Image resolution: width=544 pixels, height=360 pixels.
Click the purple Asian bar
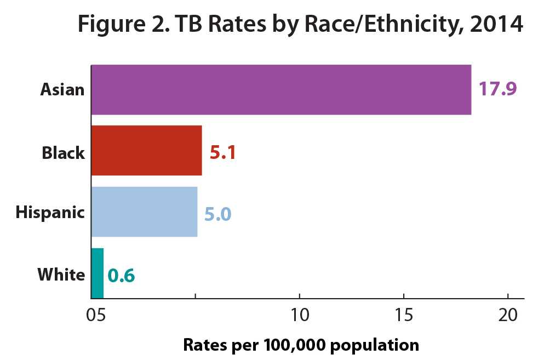click(280, 90)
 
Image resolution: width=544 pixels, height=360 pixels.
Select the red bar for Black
click(146, 151)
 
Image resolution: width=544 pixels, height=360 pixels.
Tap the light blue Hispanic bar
click(144, 212)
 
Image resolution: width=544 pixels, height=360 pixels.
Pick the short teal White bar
click(97, 273)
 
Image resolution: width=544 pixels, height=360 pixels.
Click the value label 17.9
click(498, 89)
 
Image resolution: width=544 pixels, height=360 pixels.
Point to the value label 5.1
click(222, 152)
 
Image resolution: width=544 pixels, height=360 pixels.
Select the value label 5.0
click(217, 213)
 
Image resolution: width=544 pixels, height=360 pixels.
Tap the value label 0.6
click(121, 275)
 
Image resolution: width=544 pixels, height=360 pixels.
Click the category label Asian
click(62, 90)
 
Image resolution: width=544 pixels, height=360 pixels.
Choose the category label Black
click(64, 152)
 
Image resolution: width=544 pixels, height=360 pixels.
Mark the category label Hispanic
click(50, 213)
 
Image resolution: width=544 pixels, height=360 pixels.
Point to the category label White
click(61, 274)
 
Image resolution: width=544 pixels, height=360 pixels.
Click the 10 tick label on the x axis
click(300, 316)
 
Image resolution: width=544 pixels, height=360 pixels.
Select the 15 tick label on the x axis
click(404, 316)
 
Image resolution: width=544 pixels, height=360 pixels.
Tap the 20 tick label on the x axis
click(508, 316)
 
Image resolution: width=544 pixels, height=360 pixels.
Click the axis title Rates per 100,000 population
click(300, 345)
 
